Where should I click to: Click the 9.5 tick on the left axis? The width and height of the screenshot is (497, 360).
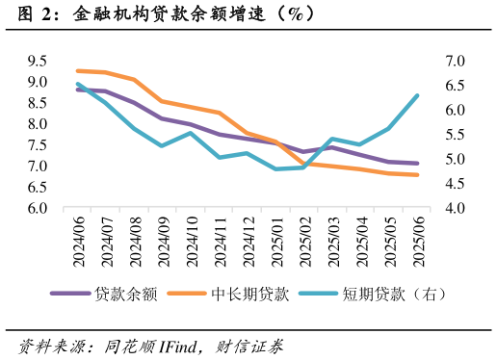coord(38,61)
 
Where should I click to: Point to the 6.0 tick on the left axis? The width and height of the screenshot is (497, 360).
coord(38,208)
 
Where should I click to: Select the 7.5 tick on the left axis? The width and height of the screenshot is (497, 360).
coord(38,145)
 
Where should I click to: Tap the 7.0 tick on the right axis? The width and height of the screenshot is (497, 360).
coord(455,61)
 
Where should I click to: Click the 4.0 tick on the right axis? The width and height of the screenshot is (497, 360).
coord(455,208)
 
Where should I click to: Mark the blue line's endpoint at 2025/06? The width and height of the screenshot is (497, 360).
coord(417,95)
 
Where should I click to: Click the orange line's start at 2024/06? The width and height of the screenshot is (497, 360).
coord(78,70)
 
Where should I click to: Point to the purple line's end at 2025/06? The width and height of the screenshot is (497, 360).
coord(417,164)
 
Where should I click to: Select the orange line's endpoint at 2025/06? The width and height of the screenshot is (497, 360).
coord(417,175)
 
